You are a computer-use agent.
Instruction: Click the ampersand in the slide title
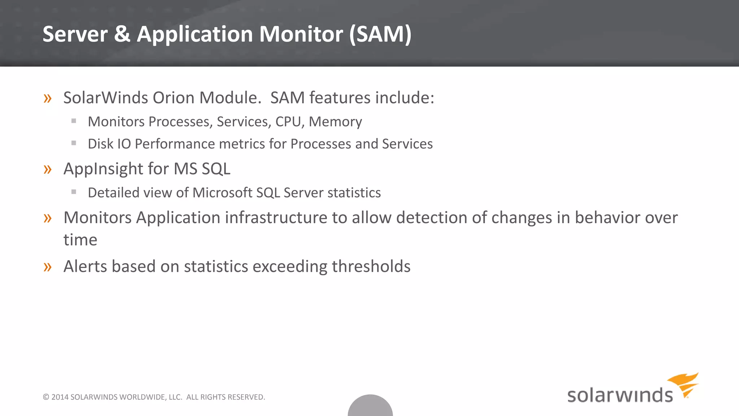[122, 34]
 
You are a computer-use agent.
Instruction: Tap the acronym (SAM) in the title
[380, 34]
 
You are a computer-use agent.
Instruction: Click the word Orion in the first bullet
[173, 98]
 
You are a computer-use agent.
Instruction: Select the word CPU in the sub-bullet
[288, 122]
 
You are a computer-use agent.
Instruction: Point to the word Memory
[335, 122]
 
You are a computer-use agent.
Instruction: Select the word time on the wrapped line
[80, 240]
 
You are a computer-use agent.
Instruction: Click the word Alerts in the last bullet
[85, 266]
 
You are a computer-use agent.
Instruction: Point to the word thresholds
[371, 266]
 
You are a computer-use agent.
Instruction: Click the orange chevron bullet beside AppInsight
[48, 169]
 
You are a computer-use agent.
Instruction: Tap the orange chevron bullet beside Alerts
[48, 267]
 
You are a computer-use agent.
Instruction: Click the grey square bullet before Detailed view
[74, 192]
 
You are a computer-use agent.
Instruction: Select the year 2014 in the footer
[60, 397]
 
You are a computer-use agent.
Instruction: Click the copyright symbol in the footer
[46, 397]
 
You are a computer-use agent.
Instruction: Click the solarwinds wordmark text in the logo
[620, 395]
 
